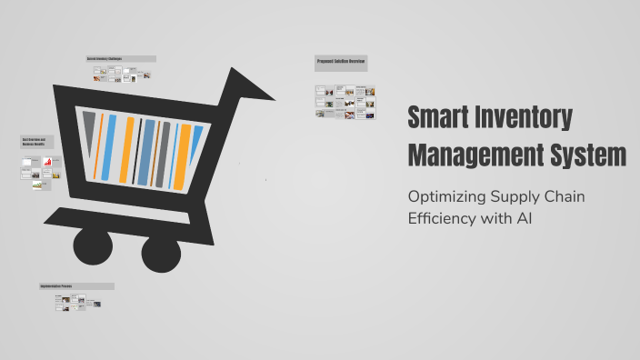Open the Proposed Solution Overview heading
[x=341, y=63]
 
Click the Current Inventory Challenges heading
[x=120, y=59]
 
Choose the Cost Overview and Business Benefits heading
[x=37, y=143]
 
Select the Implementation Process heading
[x=76, y=286]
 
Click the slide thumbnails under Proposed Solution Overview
[x=345, y=102]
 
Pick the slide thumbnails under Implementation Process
[x=76, y=304]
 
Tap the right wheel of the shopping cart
[x=161, y=252]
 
